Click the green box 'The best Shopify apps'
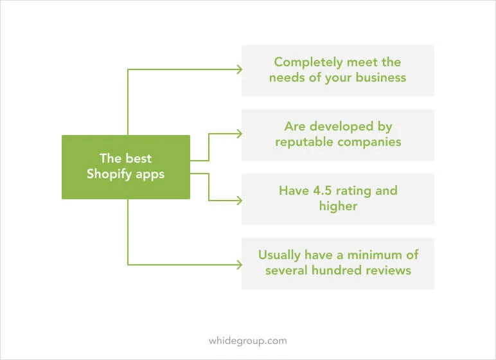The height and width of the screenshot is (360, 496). [126, 167]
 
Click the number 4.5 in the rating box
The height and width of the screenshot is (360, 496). [323, 190]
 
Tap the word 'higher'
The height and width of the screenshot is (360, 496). [338, 207]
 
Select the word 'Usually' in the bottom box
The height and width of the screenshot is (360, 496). [279, 255]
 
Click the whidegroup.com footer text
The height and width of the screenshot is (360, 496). [248, 341]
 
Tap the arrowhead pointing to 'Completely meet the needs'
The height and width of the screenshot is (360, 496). [240, 69]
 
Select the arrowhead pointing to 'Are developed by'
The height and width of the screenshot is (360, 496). [240, 134]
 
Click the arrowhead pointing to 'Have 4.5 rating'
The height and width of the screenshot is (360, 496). [240, 201]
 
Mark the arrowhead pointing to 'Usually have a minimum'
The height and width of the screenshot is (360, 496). [240, 265]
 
